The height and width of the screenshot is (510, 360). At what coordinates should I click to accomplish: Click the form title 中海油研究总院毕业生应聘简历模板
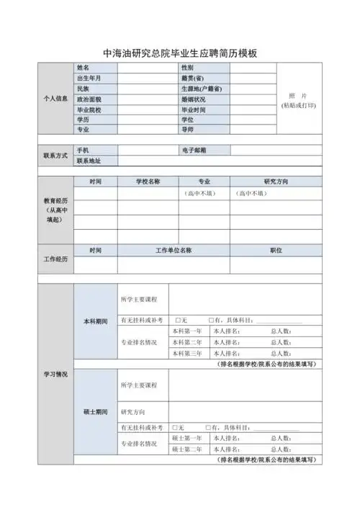(x=180, y=53)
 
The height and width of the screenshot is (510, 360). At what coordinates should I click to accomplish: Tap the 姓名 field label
(x=83, y=67)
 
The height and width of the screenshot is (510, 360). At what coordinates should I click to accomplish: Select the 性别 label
(x=187, y=67)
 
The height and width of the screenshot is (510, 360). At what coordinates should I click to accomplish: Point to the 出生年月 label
(x=89, y=78)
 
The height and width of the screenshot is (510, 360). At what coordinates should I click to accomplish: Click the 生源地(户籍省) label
(x=202, y=89)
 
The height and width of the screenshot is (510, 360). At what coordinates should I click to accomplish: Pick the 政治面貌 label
(x=89, y=99)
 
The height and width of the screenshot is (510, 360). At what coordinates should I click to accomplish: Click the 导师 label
(x=187, y=130)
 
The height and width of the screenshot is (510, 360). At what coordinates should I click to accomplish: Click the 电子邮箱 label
(x=194, y=150)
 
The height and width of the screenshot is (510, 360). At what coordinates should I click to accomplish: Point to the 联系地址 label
(x=89, y=161)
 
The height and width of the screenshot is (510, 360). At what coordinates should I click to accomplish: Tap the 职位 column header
(x=276, y=250)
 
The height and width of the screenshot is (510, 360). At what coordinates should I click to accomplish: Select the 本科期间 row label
(x=96, y=321)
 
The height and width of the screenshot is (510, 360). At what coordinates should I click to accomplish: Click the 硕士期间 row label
(x=96, y=411)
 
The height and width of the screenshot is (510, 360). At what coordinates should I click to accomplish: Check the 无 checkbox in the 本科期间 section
(x=178, y=320)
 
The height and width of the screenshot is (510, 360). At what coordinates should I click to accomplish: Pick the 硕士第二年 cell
(x=187, y=449)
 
